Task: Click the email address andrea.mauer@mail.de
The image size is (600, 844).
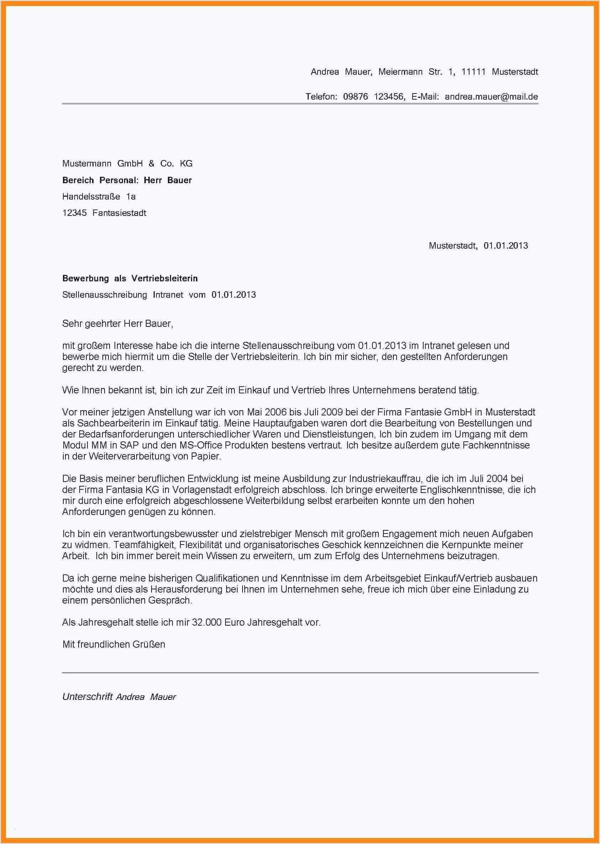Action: pyautogui.click(x=491, y=97)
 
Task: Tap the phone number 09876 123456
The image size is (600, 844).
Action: pyautogui.click(x=374, y=97)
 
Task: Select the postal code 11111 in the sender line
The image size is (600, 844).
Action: pyautogui.click(x=473, y=71)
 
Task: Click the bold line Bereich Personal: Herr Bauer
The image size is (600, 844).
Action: pyautogui.click(x=127, y=180)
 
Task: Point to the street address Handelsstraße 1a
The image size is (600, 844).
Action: pyautogui.click(x=99, y=196)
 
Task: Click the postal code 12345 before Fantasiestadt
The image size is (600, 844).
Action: pyautogui.click(x=74, y=213)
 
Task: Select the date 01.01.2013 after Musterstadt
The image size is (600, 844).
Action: pyautogui.click(x=505, y=246)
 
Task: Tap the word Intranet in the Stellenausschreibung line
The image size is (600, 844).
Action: pyautogui.click(x=168, y=295)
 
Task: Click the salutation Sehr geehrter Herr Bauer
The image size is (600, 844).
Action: pyautogui.click(x=117, y=324)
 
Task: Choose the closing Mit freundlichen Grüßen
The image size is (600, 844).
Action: pyautogui.click(x=113, y=644)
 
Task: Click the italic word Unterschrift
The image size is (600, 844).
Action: pyautogui.click(x=87, y=697)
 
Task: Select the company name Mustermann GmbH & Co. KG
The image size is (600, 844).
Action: pyautogui.click(x=127, y=164)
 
